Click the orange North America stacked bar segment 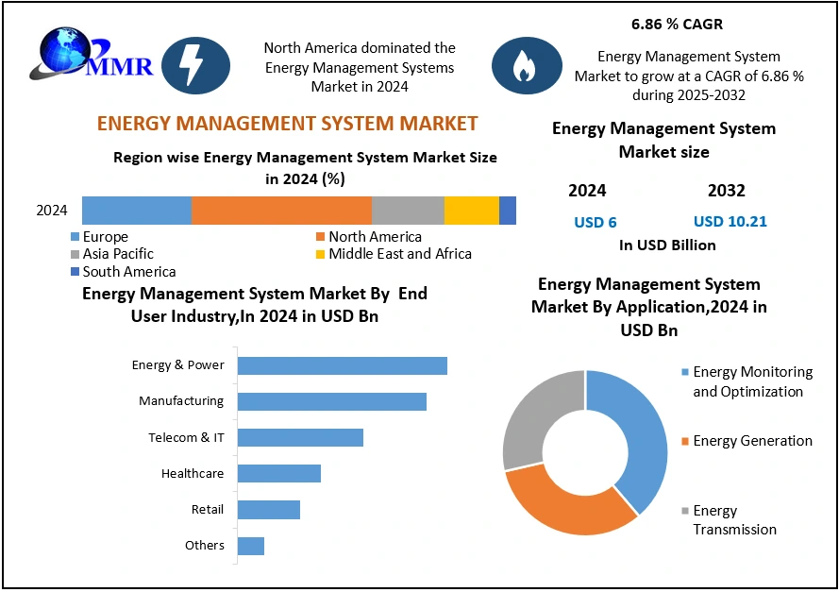click(x=281, y=211)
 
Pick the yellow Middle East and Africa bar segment click(x=471, y=211)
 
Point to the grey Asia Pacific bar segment click(x=408, y=211)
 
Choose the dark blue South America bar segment click(x=508, y=211)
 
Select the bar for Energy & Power click(x=342, y=365)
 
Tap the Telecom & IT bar click(x=300, y=437)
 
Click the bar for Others click(x=251, y=546)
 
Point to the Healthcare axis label click(x=193, y=473)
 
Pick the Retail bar click(x=269, y=510)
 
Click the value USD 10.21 click(x=730, y=222)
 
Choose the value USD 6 click(x=596, y=222)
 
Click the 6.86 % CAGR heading click(x=677, y=25)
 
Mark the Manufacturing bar click(x=331, y=401)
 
